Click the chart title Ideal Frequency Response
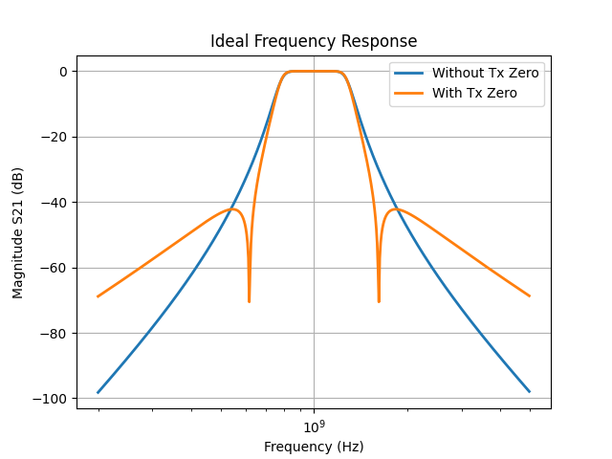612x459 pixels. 314,42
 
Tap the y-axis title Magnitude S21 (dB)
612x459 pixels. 18,232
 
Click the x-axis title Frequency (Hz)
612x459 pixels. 314,447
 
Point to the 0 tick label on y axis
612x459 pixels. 62,72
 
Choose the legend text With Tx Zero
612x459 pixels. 474,93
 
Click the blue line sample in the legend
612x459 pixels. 410,73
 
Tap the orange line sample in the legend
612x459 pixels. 410,93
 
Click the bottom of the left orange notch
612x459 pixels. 250,301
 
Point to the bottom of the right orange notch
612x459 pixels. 379,301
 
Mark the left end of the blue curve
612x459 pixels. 98,392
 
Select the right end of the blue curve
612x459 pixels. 529,392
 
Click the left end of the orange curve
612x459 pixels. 98,296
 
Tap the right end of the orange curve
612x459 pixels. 529,296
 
